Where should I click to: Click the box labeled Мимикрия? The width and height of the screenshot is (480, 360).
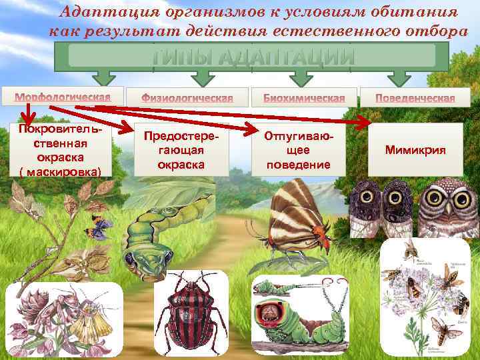(415, 151)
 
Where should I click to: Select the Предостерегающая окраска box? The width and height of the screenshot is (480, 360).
(181, 151)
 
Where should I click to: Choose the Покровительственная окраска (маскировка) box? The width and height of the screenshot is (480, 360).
(61, 151)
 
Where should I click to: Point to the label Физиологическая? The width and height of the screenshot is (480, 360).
(187, 97)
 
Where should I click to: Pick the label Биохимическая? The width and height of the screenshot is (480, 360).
(304, 97)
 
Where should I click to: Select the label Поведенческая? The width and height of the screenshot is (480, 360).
(415, 97)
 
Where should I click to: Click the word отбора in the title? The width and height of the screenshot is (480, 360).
(423, 31)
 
